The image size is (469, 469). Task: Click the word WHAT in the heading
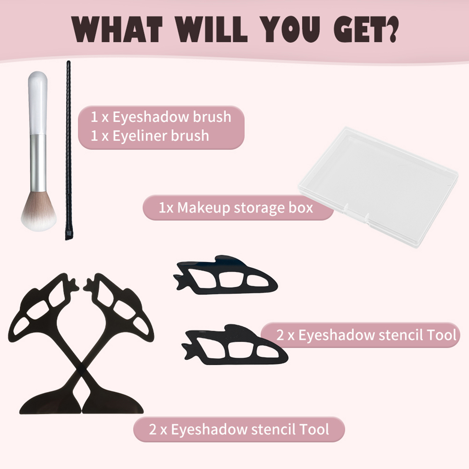click(117, 29)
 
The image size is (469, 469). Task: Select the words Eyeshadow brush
click(172, 117)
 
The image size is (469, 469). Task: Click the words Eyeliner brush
click(161, 136)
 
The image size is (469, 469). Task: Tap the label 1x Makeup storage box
click(236, 208)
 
